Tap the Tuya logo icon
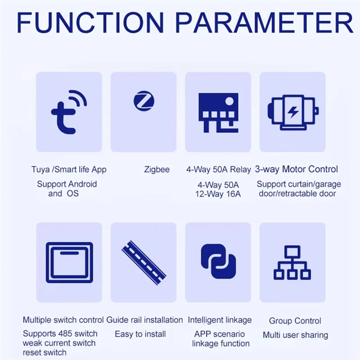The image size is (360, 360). pos(68,111)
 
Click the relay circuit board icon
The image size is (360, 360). pos(218,112)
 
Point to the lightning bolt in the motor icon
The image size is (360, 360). pos(292,112)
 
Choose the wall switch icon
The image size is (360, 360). pos(69,262)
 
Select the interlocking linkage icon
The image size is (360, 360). pos(218,262)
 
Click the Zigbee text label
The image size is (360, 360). pos(157,170)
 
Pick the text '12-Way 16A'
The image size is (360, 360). pos(218,194)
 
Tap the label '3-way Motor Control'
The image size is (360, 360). pos(296,170)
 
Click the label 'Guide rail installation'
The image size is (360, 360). pos(144,320)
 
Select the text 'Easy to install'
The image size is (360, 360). pos(140,334)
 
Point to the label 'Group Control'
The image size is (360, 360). pos(295,321)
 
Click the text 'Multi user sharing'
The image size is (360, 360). pos(295,335)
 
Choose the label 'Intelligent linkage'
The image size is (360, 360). pos(220,320)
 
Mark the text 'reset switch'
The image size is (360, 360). pos(45,352)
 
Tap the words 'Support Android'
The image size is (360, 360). pos(67,184)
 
